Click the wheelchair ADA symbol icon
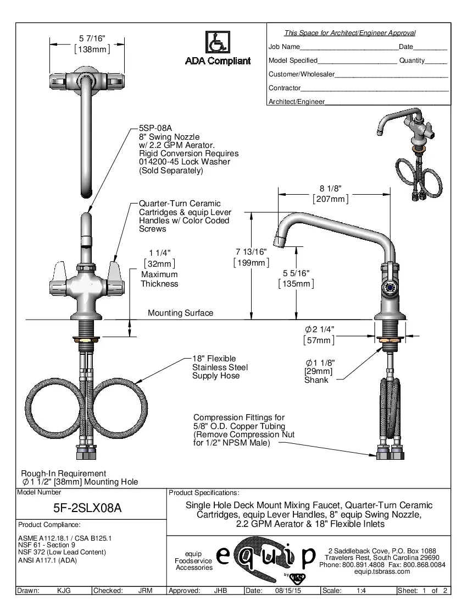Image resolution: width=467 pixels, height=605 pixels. click(x=218, y=42)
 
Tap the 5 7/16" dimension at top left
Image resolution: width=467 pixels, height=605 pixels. click(x=92, y=38)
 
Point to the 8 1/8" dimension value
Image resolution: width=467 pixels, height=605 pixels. click(x=330, y=189)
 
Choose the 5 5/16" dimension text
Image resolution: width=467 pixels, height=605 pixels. click(x=296, y=273)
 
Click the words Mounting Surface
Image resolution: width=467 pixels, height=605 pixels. click(x=180, y=313)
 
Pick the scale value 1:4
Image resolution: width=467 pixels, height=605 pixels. click(x=362, y=591)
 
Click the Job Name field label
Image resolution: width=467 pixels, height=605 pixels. click(x=284, y=47)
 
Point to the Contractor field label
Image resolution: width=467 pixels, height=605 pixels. click(x=284, y=88)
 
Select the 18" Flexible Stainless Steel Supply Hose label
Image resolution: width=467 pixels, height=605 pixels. click(x=220, y=367)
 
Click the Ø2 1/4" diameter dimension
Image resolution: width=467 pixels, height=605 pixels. click(x=319, y=329)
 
